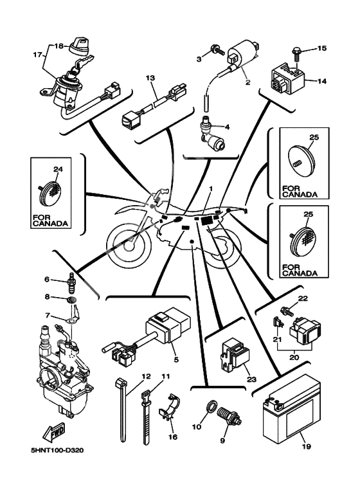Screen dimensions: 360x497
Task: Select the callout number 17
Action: click(38, 55)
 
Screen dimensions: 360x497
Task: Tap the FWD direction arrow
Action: click(53, 433)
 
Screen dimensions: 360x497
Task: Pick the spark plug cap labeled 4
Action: click(212, 136)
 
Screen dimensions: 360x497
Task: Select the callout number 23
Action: click(251, 379)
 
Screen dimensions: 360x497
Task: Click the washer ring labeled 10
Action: click(212, 406)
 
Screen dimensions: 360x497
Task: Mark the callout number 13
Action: click(150, 78)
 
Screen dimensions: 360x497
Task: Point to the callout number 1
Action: click(211, 188)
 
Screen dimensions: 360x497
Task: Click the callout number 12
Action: click(146, 377)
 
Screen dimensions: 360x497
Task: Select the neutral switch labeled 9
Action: click(228, 417)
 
